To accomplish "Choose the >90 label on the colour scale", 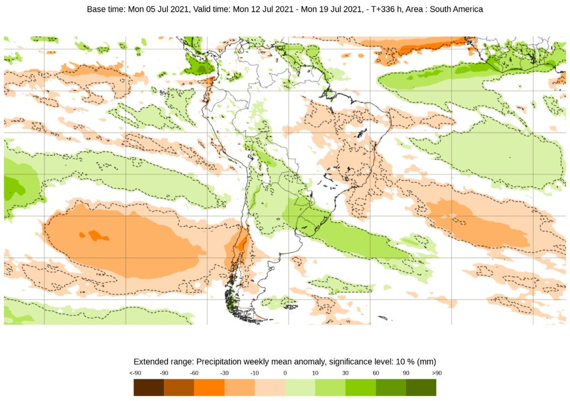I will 437,373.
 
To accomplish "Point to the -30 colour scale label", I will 225,373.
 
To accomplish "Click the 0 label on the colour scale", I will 285,373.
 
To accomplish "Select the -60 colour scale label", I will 194,373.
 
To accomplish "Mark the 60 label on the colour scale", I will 376,373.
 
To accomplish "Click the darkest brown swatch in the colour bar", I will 149,387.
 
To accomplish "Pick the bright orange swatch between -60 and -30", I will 209,387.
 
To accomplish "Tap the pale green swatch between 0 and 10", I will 300,387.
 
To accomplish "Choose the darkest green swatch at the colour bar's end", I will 421,387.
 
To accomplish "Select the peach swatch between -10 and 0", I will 270,387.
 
